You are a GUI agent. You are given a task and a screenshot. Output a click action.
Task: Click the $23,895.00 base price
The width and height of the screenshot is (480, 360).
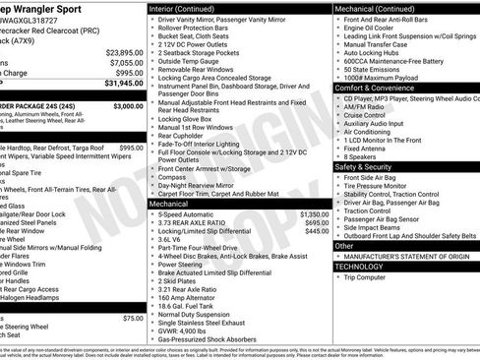123,51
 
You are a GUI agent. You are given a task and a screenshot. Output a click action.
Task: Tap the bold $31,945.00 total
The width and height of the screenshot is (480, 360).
122,85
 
